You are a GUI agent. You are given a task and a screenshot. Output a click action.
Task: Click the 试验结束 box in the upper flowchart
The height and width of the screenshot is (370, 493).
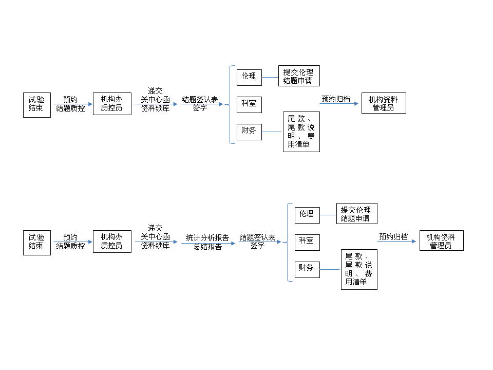(37, 105)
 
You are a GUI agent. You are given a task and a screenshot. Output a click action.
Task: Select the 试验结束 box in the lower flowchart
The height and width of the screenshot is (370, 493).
(37, 242)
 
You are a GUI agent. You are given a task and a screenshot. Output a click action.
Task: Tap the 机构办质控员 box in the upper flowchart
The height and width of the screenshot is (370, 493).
(112, 104)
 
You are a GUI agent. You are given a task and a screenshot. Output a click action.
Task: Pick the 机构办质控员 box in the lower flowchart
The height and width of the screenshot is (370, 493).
(112, 242)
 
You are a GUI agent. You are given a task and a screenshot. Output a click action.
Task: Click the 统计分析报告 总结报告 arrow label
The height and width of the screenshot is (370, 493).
(207, 242)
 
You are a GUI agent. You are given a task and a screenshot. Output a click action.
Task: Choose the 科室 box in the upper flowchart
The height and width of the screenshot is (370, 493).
(249, 104)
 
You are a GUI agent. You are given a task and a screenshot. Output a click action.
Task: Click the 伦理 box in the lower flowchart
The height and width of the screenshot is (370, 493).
(307, 214)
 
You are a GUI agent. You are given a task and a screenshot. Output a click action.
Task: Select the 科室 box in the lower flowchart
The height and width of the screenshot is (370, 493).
(307, 242)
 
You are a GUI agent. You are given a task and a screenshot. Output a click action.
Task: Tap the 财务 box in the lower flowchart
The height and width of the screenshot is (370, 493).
(307, 269)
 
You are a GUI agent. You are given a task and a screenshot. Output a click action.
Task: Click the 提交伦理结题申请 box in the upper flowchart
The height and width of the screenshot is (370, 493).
(298, 76)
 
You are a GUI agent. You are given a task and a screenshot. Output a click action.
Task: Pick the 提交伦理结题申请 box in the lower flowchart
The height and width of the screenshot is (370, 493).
(356, 214)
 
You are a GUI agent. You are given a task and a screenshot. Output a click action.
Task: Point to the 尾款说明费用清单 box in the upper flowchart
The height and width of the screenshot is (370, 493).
(301, 132)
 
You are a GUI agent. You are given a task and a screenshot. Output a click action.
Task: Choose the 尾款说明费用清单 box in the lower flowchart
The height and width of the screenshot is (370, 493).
(359, 269)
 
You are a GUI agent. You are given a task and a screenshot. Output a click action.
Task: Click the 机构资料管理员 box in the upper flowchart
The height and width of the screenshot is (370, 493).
(384, 103)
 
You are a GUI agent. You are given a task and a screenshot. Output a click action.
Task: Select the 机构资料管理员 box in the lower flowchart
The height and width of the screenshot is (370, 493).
(441, 240)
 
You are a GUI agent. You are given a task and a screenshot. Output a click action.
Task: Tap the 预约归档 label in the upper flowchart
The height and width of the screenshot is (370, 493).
(336, 99)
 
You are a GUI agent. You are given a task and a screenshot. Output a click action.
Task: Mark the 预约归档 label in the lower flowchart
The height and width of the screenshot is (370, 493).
(393, 237)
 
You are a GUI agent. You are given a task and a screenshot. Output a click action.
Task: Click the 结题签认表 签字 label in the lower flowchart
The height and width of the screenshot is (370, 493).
(257, 242)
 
